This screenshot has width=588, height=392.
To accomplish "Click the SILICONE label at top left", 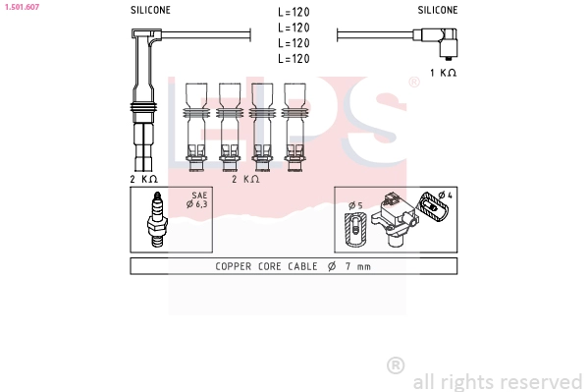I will coord(150,9).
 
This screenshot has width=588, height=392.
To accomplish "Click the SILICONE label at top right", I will coord(437,9).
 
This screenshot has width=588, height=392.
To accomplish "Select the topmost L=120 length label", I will coord(294,13).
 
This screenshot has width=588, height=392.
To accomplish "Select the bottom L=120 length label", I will coord(294,59).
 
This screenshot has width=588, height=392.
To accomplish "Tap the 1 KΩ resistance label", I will coord(444,73).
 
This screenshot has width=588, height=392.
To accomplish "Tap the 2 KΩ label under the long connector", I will coord(144,179).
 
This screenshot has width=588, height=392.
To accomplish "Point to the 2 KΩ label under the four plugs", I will coord(245,179).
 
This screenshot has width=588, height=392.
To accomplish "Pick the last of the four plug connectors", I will coord(294,123).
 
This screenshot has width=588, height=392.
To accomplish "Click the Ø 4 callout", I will coord(445,196).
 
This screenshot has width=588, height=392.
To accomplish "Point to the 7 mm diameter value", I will coord(356,267).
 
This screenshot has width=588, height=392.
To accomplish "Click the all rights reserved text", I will coord(498,381).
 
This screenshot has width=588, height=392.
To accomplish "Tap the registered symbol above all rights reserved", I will coord(396,365).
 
